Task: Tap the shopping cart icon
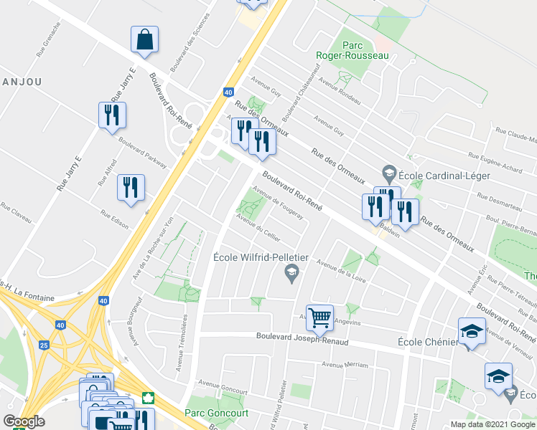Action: [319, 316]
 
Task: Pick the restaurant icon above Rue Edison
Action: [131, 188]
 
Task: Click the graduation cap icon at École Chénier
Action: [471, 330]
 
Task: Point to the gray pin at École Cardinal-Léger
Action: [389, 173]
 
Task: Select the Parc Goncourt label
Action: [216, 413]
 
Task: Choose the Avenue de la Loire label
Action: [342, 270]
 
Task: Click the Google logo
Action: [23, 421]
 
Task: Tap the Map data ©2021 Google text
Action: [492, 424]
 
